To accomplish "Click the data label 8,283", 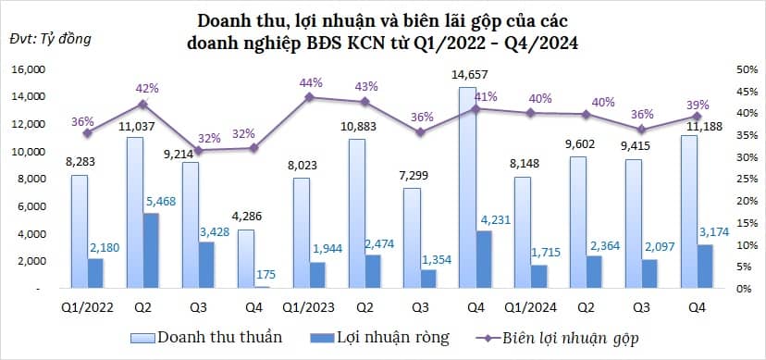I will click(80, 163).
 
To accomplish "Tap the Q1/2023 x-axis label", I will click(302, 305).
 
